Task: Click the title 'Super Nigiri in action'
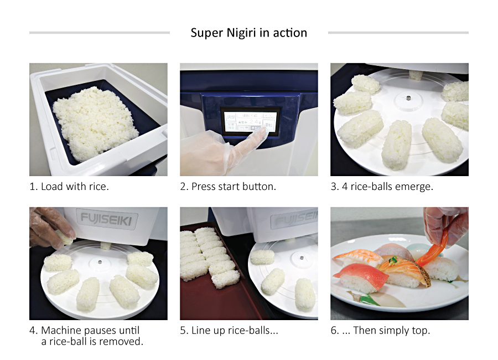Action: pos(248,33)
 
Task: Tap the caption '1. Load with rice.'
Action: pos(69,187)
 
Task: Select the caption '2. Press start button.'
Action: pos(228,187)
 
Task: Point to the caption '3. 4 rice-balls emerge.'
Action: pos(382,187)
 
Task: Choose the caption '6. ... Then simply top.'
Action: pos(380,331)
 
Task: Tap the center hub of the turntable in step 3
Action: pos(408,98)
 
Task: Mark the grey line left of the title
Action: pos(100,33)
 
